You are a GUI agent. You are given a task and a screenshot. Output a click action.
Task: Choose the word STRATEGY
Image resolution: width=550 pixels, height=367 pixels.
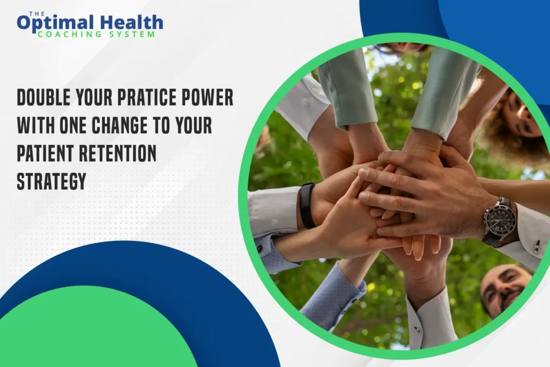point(52,182)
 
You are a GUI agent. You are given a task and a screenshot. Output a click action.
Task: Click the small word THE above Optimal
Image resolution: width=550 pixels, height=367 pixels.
point(37,13)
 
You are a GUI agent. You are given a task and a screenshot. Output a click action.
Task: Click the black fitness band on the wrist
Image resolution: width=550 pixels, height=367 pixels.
point(307,205)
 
